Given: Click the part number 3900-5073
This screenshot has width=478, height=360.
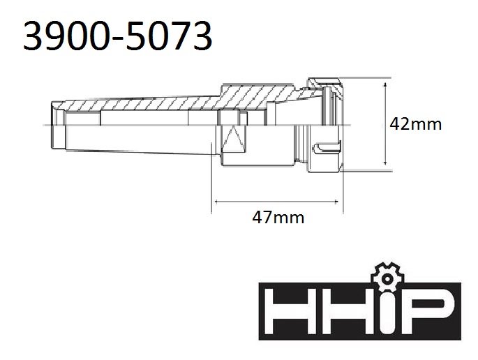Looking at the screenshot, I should pyautogui.click(x=117, y=36).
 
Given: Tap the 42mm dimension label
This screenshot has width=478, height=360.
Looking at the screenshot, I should pyautogui.click(x=415, y=123).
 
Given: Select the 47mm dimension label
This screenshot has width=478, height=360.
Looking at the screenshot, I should pyautogui.click(x=278, y=217).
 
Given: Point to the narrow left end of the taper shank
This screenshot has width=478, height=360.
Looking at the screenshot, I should pyautogui.click(x=57, y=124).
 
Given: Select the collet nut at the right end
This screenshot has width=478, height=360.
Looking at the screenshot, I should pyautogui.click(x=328, y=124).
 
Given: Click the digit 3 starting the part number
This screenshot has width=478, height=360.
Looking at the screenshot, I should pyautogui.click(x=33, y=36).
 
